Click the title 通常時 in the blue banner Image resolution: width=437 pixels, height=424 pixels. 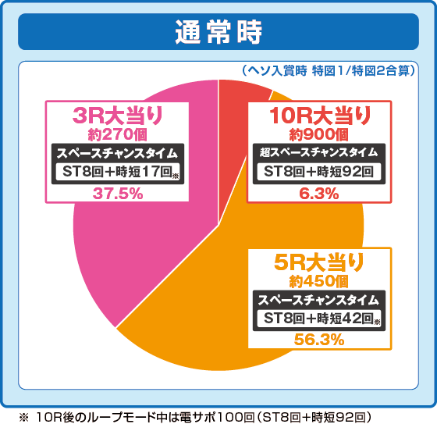coord(218,32)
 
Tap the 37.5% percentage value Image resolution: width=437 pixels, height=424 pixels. coord(118,194)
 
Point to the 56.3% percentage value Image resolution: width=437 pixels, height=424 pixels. coord(318,339)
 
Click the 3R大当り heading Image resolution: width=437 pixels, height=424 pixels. coord(118,116)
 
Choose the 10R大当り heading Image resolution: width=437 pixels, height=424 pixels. coord(320,116)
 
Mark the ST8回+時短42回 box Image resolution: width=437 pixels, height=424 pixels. coord(318,318)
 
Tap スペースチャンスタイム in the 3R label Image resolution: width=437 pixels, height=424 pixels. coord(118,152)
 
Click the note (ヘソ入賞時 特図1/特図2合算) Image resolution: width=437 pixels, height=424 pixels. coord(329,69)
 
